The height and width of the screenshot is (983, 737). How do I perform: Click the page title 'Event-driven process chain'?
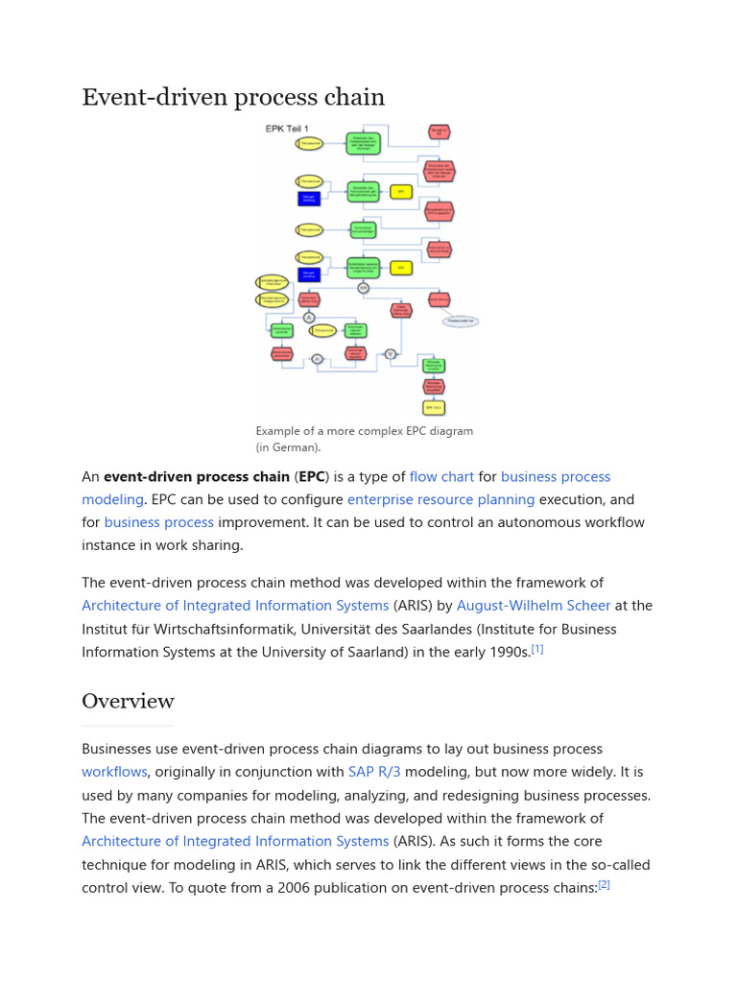233,97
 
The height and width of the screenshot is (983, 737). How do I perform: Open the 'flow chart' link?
441,476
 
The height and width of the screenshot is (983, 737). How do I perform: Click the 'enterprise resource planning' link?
440,499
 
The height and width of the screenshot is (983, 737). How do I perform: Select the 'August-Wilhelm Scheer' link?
534,606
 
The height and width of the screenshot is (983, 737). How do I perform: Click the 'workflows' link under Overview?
114,772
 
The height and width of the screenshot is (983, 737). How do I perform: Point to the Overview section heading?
128,701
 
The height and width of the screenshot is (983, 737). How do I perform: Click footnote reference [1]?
537,649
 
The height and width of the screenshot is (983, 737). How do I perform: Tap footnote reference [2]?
604,885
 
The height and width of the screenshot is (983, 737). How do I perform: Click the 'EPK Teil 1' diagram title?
287,129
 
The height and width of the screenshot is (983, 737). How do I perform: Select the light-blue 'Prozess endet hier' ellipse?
461,321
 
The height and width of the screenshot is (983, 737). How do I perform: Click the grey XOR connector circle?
364,287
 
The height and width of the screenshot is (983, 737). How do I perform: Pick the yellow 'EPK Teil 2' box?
434,407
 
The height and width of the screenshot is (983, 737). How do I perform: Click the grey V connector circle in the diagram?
391,353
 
